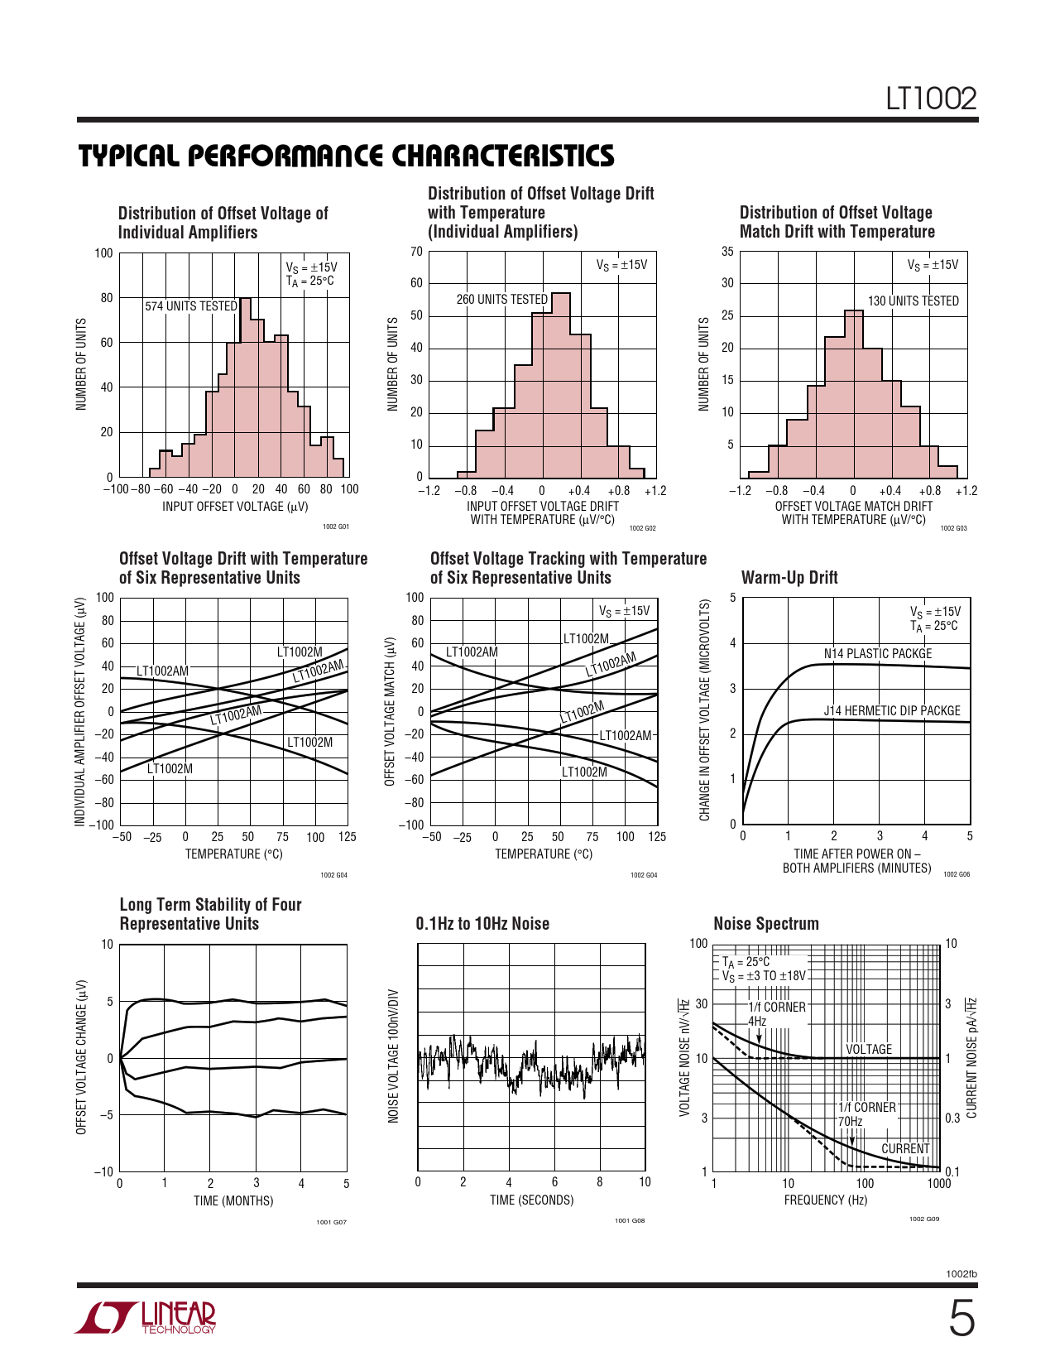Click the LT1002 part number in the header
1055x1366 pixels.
pos(930,99)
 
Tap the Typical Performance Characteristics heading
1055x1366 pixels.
pos(346,156)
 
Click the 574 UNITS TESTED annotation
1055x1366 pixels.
pos(191,306)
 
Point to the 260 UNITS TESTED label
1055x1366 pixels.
pos(501,300)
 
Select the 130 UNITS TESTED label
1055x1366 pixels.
pos(913,301)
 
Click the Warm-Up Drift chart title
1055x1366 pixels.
pos(789,578)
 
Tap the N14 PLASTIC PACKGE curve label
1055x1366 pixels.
pos(877,654)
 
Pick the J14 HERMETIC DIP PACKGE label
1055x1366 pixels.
pos(891,711)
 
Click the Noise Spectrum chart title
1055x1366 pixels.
pos(765,924)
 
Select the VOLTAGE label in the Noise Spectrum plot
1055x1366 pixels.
pos(869,1050)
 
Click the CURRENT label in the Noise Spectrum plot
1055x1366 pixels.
pos(905,1149)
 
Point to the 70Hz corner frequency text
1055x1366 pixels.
pos(851,1122)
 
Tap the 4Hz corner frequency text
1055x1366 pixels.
pos(757,1022)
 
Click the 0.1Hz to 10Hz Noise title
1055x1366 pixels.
pos(482,924)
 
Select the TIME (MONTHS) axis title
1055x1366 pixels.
pos(233,1200)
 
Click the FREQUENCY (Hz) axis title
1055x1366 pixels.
pos(826,1200)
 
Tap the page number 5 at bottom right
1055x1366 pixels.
pos(961,1319)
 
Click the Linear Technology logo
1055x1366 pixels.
pos(146,1318)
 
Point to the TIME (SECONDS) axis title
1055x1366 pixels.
pos(531,1200)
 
